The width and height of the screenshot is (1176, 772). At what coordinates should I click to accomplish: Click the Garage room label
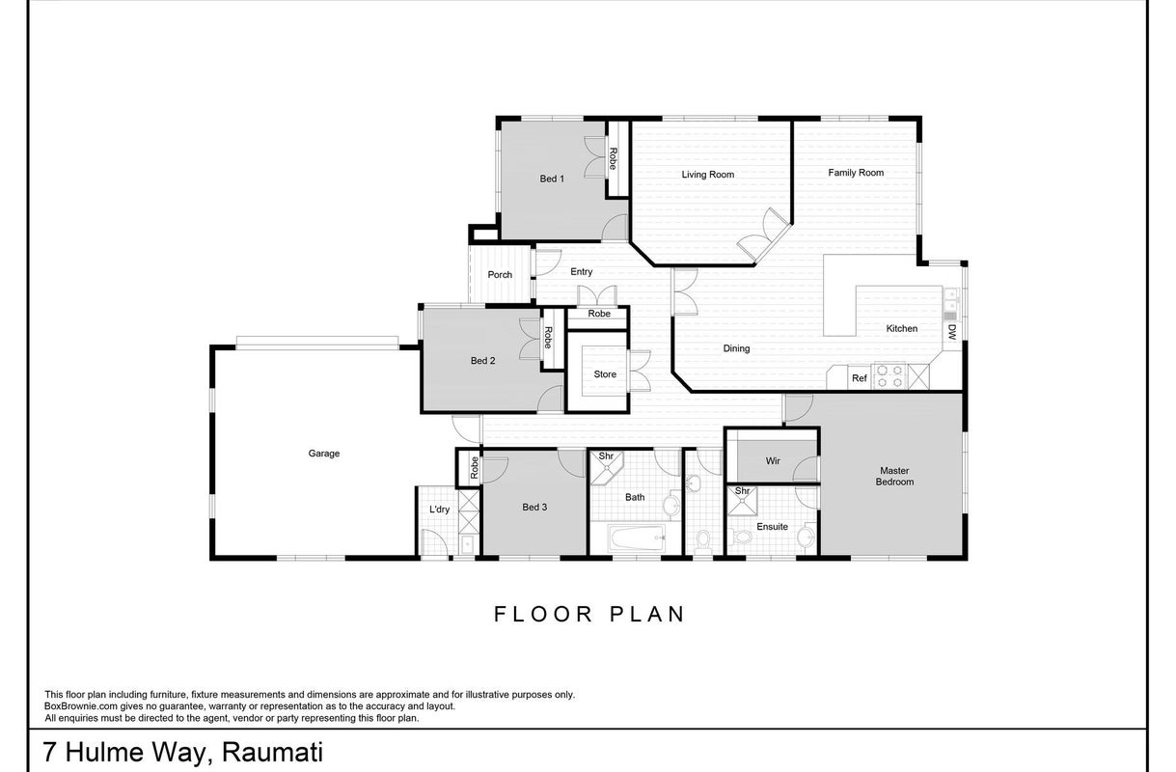[324, 454]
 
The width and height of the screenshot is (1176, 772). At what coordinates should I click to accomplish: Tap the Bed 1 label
[552, 179]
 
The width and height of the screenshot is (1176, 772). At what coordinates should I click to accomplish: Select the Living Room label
[708, 175]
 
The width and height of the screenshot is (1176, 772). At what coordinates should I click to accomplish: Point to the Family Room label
[856, 173]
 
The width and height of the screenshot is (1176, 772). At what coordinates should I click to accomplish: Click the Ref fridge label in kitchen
[860, 377]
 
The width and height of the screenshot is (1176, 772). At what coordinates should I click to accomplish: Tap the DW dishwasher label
[952, 331]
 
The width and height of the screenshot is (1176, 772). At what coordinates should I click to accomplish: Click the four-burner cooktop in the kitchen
[889, 376]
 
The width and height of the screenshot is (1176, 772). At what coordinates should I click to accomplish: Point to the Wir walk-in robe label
[773, 461]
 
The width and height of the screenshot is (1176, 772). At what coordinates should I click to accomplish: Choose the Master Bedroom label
[894, 477]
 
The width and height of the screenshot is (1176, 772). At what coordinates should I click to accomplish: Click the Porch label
[500, 275]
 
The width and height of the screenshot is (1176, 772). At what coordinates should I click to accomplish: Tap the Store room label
[605, 374]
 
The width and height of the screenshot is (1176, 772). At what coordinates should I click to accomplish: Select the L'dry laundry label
[439, 510]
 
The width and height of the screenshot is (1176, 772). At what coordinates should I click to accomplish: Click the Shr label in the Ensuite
[742, 491]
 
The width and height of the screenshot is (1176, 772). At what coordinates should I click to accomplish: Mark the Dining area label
[736, 348]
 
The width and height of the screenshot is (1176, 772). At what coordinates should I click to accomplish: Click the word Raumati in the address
[272, 753]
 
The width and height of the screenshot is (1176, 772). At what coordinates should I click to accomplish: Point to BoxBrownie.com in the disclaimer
[81, 706]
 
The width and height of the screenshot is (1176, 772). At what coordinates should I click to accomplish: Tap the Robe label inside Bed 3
[475, 467]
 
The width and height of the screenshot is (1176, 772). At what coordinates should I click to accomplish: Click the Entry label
[581, 271]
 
